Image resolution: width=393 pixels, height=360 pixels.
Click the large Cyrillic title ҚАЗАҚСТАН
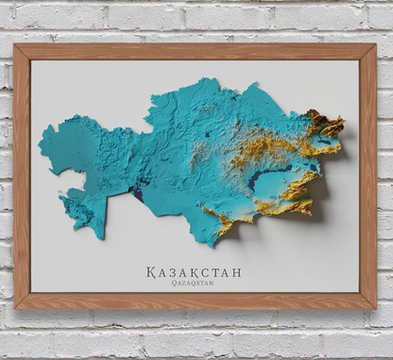pyautogui.click(x=194, y=272)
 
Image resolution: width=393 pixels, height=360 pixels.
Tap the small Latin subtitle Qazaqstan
pyautogui.click(x=194, y=283)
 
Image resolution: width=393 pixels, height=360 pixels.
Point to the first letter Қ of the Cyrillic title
pyautogui.click(x=151, y=272)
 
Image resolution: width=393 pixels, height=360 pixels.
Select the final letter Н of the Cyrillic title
pyautogui.click(x=236, y=272)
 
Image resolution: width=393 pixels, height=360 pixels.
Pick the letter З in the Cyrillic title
pyautogui.click(x=175, y=272)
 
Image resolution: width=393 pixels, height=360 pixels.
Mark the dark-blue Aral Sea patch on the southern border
pyautogui.click(x=137, y=194)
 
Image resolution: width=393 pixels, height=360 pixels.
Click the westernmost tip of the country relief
pyautogui.click(x=41, y=144)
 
